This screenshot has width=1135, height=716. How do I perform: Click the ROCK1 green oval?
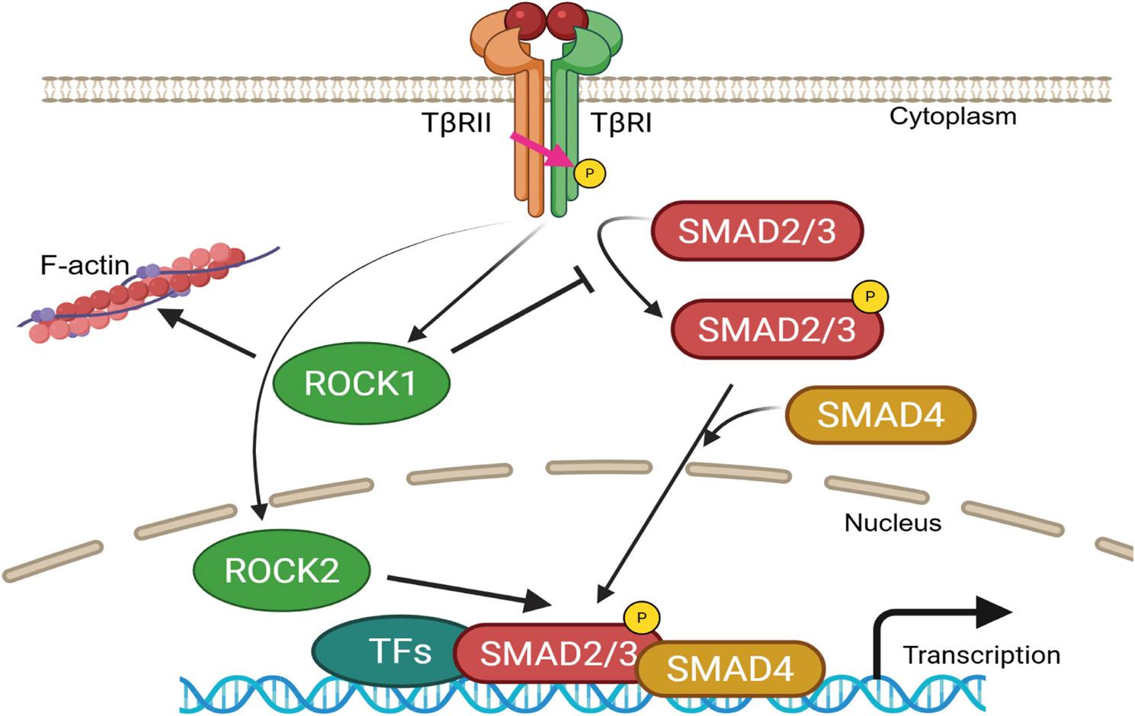point(361,383)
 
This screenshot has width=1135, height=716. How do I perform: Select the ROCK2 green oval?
point(282,571)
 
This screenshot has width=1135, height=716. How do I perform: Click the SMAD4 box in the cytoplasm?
point(880,414)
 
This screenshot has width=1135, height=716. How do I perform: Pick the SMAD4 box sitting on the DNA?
point(730,669)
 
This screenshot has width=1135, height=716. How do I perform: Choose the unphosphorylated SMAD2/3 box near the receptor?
point(757,231)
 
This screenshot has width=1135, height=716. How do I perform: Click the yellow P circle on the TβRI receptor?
point(589,173)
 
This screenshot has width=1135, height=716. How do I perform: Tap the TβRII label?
point(457,123)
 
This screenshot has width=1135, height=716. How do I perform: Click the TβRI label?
point(621,123)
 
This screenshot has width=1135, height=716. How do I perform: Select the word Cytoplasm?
point(953,117)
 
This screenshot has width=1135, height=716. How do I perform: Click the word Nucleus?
point(893,523)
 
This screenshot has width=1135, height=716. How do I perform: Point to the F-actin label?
point(85,265)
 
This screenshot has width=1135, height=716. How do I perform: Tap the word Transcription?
point(982,655)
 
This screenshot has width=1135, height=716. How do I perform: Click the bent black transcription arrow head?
point(993,612)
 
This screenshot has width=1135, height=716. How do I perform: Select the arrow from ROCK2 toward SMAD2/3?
point(469,592)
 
